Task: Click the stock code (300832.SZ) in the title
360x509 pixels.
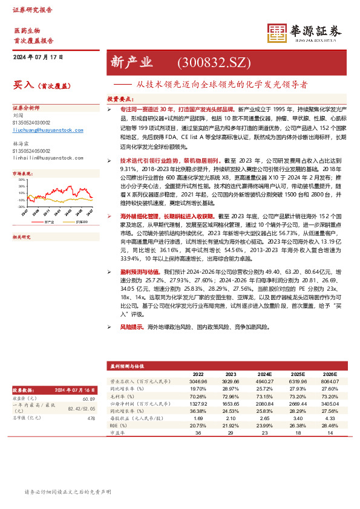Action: coord(212,63)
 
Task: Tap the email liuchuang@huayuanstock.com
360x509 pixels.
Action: coord(48,131)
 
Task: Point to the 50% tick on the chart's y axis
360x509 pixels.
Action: coord(22,180)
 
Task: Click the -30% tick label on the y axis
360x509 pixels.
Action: coord(22,206)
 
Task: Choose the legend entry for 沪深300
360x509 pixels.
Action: coord(81,222)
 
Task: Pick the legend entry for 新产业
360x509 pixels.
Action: coord(50,222)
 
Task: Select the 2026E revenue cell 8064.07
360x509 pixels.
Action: coord(329,381)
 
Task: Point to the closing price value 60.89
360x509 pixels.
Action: coord(88,398)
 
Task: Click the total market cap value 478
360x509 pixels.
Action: coord(91,418)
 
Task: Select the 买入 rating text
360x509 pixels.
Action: coord(22,86)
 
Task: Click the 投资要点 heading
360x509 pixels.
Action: coord(120,98)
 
